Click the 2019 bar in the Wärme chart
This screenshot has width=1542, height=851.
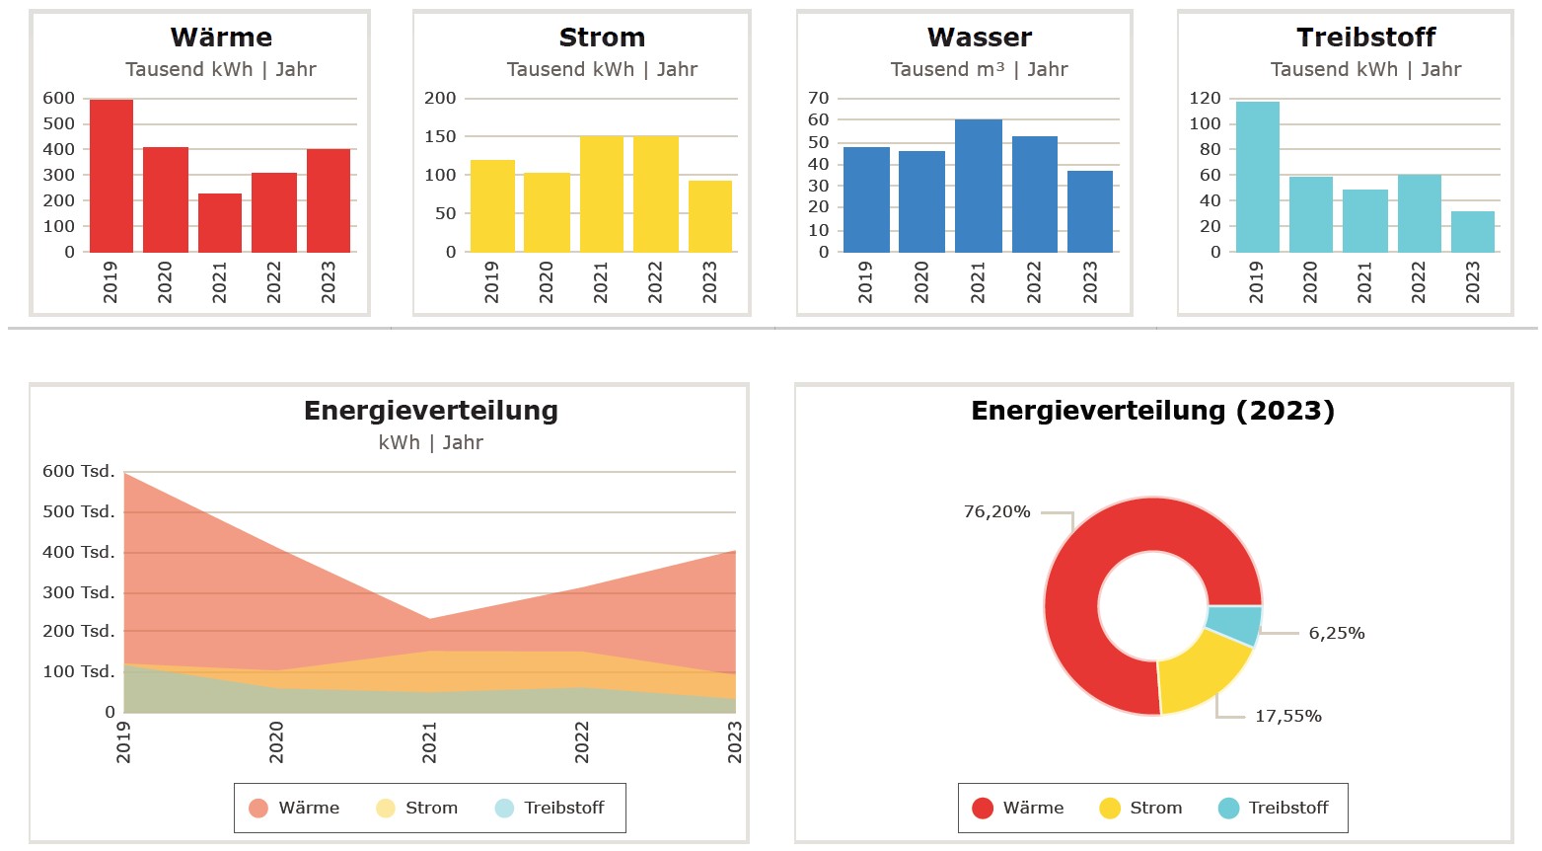point(111,176)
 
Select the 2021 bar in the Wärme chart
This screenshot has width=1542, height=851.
point(220,223)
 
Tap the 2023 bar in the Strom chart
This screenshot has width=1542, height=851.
point(710,216)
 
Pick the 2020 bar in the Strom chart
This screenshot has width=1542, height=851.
point(547,212)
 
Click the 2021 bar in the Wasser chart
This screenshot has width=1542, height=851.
point(978,186)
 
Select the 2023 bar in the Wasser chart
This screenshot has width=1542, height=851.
point(1090,211)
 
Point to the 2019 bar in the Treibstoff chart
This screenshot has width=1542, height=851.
point(1257,177)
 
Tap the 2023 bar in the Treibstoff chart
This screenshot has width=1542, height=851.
point(1473,232)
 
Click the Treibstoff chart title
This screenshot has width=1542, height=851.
point(1365,38)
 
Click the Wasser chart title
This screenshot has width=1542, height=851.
point(979,38)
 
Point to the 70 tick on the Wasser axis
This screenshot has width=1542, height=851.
point(819,98)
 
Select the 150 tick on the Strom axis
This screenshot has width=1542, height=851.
point(440,136)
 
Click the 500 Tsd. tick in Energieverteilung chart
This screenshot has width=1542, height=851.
point(79,511)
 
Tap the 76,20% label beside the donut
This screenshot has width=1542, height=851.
point(996,511)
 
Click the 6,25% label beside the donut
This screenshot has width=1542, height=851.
point(1337,633)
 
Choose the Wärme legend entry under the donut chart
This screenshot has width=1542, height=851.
point(1018,808)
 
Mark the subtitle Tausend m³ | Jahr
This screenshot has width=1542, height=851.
point(979,69)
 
